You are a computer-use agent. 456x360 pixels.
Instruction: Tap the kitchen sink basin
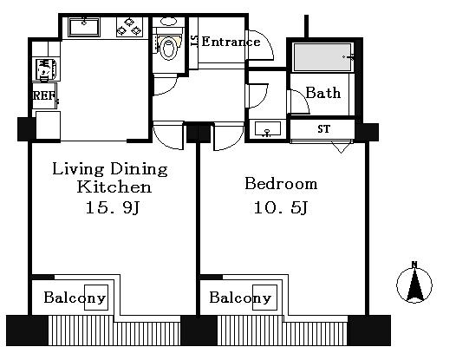[x=84, y=28]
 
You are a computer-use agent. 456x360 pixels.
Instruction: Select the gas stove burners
[x=129, y=27]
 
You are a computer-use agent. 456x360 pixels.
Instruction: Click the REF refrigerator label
[x=44, y=95]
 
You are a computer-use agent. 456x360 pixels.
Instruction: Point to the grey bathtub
[x=322, y=57]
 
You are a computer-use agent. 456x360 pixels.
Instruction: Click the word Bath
[x=322, y=93]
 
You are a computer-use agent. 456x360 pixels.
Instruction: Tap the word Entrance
[x=231, y=42]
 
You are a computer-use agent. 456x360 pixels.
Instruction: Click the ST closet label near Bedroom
[x=324, y=128]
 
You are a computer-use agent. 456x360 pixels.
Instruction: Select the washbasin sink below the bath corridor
[x=267, y=128]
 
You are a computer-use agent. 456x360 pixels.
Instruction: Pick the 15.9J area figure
[x=113, y=207]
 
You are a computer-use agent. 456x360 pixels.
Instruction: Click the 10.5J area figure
[x=281, y=207]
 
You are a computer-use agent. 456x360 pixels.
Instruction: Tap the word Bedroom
[x=281, y=184]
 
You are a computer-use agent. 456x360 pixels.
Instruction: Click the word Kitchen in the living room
[x=114, y=187]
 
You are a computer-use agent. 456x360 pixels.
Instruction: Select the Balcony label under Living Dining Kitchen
[x=75, y=298]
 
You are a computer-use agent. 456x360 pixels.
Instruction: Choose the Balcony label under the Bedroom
[x=240, y=298]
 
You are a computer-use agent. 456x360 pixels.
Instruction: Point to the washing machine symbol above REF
[x=46, y=69]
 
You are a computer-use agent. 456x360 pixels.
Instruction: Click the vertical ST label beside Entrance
[x=194, y=41]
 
